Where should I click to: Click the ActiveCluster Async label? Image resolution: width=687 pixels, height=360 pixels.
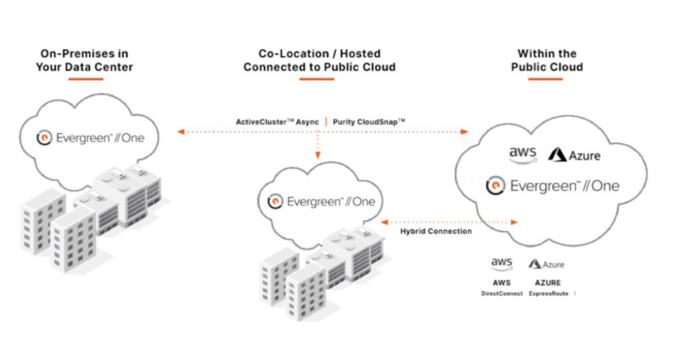tap(277, 122)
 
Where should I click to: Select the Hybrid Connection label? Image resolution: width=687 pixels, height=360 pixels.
tap(435, 231)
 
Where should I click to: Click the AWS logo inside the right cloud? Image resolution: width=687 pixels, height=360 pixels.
tap(523, 154)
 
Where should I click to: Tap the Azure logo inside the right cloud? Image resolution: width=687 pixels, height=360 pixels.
tap(575, 156)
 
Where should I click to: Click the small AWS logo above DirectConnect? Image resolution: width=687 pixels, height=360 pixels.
tap(502, 263)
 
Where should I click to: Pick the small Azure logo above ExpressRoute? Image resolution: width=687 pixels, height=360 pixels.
tap(547, 265)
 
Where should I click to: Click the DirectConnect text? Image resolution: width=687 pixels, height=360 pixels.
tap(502, 293)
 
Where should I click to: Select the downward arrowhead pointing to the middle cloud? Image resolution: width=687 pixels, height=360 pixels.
tap(318, 156)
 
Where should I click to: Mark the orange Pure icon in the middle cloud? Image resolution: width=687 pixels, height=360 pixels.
tap(275, 201)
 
